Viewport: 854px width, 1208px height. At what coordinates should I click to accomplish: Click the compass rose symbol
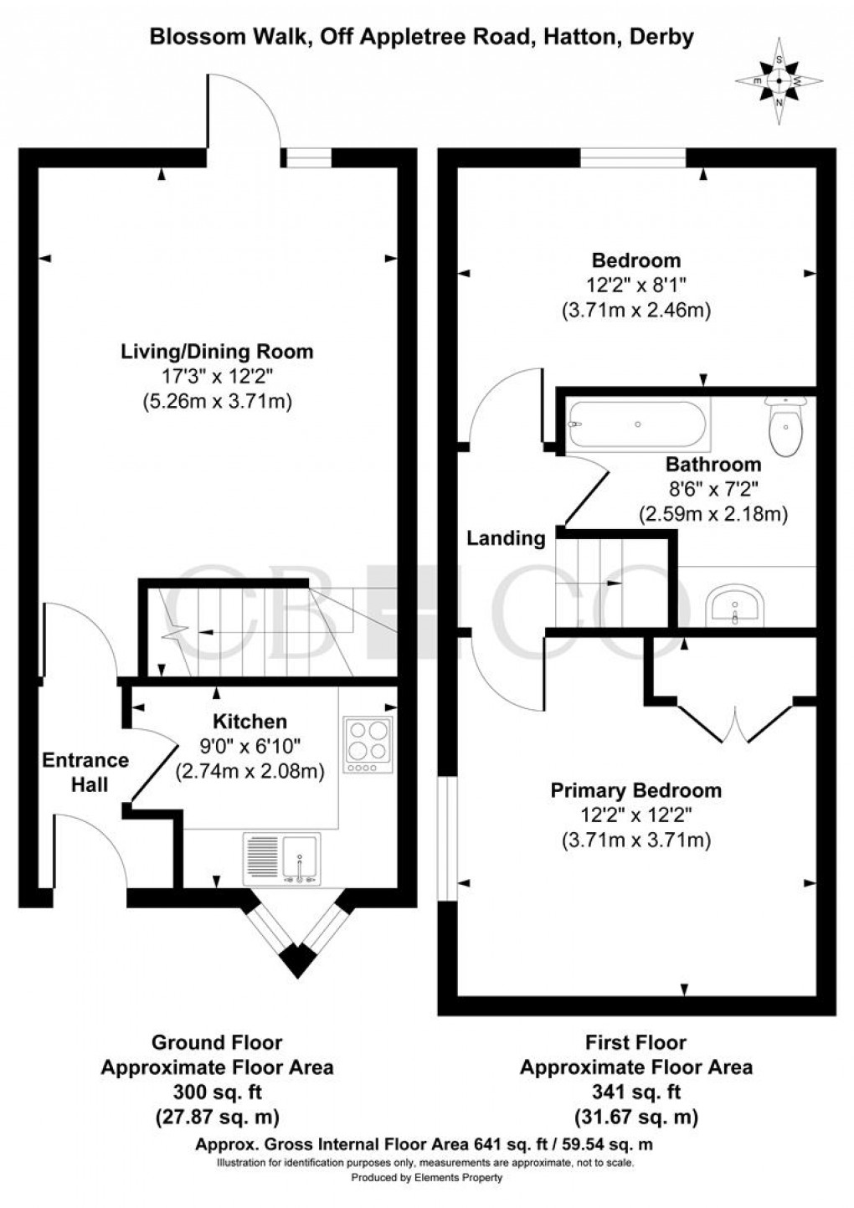779,81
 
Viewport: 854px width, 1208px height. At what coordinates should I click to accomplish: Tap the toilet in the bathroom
785,426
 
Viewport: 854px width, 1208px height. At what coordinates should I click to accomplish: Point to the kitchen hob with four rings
368,744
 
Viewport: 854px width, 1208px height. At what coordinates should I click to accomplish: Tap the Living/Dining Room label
217,351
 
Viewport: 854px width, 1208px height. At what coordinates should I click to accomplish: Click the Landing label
506,538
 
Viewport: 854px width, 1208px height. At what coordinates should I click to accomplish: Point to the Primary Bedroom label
635,789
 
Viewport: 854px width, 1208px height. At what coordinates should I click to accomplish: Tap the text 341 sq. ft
635,1092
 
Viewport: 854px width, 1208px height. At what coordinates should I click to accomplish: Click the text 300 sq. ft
217,1092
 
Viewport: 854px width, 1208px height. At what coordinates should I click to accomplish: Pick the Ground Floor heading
217,1042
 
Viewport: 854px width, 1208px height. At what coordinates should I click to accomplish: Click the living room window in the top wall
306,157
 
